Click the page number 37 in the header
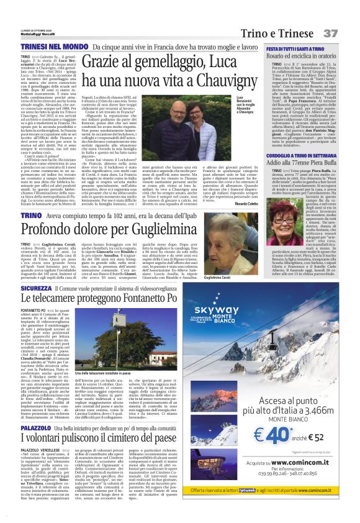(x=347, y=32)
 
